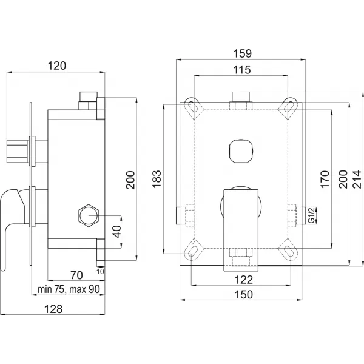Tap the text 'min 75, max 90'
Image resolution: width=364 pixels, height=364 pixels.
68,289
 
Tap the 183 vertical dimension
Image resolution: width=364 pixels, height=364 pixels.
158,180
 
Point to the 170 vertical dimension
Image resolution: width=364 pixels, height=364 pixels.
325,180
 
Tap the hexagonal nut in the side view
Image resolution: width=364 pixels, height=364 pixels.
89,215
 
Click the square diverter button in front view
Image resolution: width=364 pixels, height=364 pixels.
241,149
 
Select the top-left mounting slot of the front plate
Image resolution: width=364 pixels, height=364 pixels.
194,106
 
